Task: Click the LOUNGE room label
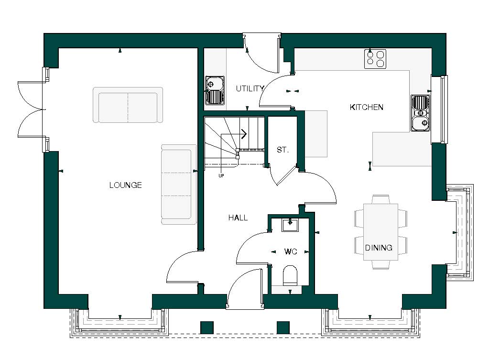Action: coord(125,185)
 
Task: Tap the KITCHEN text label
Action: coord(367,107)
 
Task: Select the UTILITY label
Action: coord(250,88)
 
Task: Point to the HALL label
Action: coord(238,218)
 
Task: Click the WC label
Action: coord(291,251)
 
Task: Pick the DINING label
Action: coord(379,248)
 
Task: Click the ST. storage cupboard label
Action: coord(283,150)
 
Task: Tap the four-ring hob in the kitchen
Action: coord(375,59)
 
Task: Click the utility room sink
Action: coord(215,90)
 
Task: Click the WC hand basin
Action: coord(290,224)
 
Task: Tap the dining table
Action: coord(380,232)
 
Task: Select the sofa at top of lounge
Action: coord(128,105)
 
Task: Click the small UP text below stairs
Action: coord(221,175)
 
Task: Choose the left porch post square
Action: coord(207,327)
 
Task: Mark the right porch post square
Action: coord(283,327)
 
